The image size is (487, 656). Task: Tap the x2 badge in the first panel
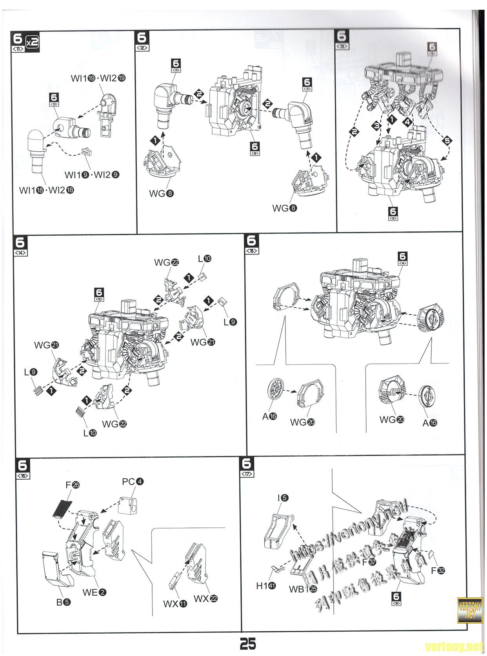pyautogui.click(x=32, y=41)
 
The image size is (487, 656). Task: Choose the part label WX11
pyautogui.click(x=175, y=604)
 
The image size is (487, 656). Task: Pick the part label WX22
pyautogui.click(x=205, y=599)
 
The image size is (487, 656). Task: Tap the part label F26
pyautogui.click(x=73, y=485)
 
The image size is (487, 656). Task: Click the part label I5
pyautogui.click(x=283, y=498)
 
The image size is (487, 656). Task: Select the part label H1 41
pyautogui.click(x=266, y=586)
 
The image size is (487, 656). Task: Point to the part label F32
pyautogui.click(x=438, y=571)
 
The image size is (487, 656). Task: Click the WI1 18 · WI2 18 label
pyautogui.click(x=47, y=190)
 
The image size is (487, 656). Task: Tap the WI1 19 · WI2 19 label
pyautogui.click(x=98, y=78)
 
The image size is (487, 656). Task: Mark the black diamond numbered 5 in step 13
pyautogui.click(x=446, y=140)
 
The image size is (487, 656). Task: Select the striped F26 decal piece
pyautogui.click(x=62, y=509)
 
